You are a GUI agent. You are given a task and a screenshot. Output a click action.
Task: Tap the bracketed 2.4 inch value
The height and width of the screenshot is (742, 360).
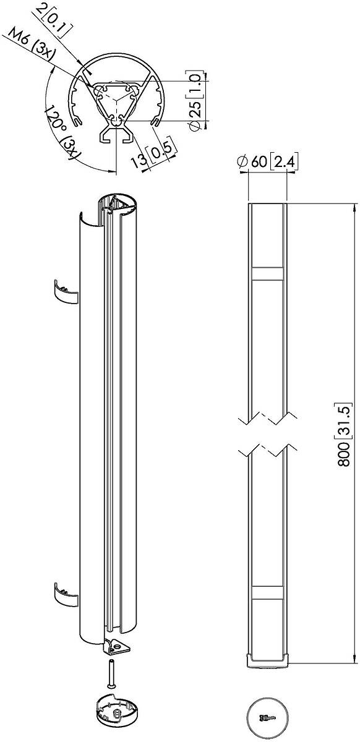click(x=284, y=162)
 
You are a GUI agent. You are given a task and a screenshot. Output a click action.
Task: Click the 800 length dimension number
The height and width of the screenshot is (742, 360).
click(x=344, y=454)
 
